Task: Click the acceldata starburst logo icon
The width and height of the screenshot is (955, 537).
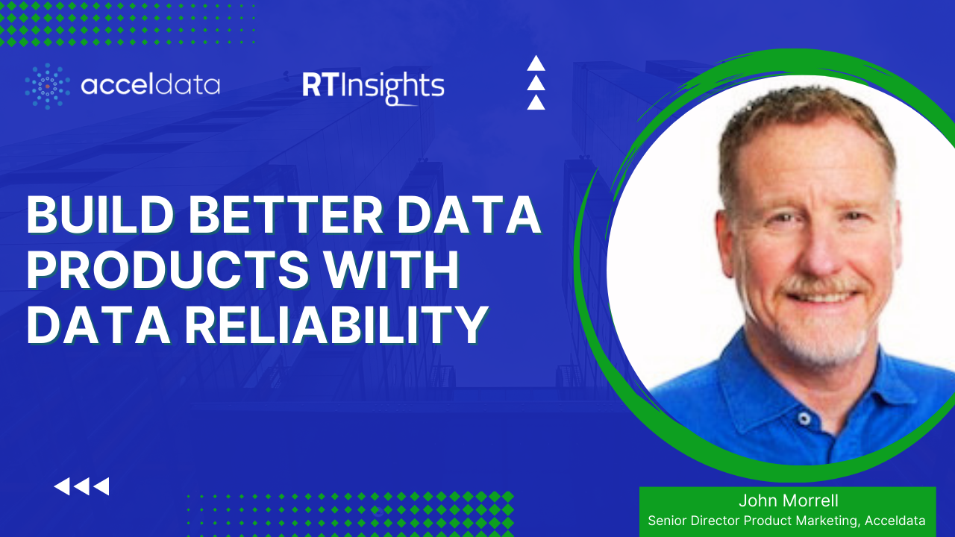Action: [48, 86]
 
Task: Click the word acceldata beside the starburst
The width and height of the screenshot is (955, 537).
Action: [150, 86]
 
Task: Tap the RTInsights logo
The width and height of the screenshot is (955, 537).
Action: [372, 87]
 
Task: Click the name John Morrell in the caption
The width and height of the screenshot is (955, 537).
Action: [786, 501]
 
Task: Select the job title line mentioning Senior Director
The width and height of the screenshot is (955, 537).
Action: [786, 521]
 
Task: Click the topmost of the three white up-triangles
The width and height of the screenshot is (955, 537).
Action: [536, 64]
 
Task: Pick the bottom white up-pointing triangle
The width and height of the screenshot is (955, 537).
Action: [536, 102]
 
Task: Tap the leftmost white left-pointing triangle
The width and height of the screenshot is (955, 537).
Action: [62, 487]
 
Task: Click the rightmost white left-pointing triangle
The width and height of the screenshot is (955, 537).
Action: [101, 487]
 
